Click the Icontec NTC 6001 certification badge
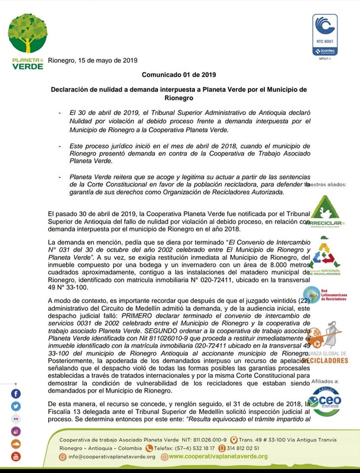point(325,34)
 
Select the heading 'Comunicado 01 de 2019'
point(179,75)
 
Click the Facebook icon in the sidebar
point(16,394)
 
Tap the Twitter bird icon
point(16,406)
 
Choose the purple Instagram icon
point(16,432)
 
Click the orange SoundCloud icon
point(16,444)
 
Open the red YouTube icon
point(16,456)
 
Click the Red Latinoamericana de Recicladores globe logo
point(316,295)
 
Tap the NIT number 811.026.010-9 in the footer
point(210,439)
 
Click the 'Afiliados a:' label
point(325,382)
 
